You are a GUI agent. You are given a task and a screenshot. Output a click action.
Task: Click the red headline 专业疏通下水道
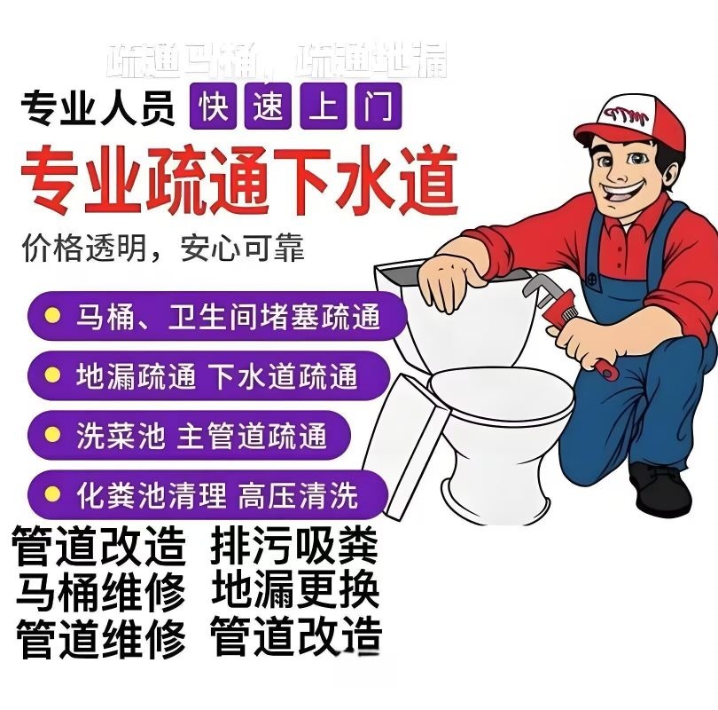(x=239, y=178)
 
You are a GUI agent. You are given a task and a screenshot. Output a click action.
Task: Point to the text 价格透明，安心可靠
(x=163, y=248)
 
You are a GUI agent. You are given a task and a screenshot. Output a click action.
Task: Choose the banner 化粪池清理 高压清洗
(x=208, y=493)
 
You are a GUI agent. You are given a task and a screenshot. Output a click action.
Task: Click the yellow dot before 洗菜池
(x=54, y=435)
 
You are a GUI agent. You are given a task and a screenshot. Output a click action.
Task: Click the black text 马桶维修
(x=101, y=591)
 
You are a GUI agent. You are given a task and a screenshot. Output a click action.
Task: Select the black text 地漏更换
(x=296, y=591)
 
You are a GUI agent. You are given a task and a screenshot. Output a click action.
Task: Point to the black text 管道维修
(x=101, y=637)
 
